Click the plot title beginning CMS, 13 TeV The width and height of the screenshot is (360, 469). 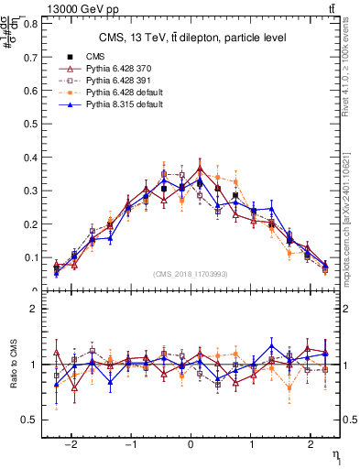coord(192,38)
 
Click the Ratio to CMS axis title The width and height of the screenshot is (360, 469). coord(14,365)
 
